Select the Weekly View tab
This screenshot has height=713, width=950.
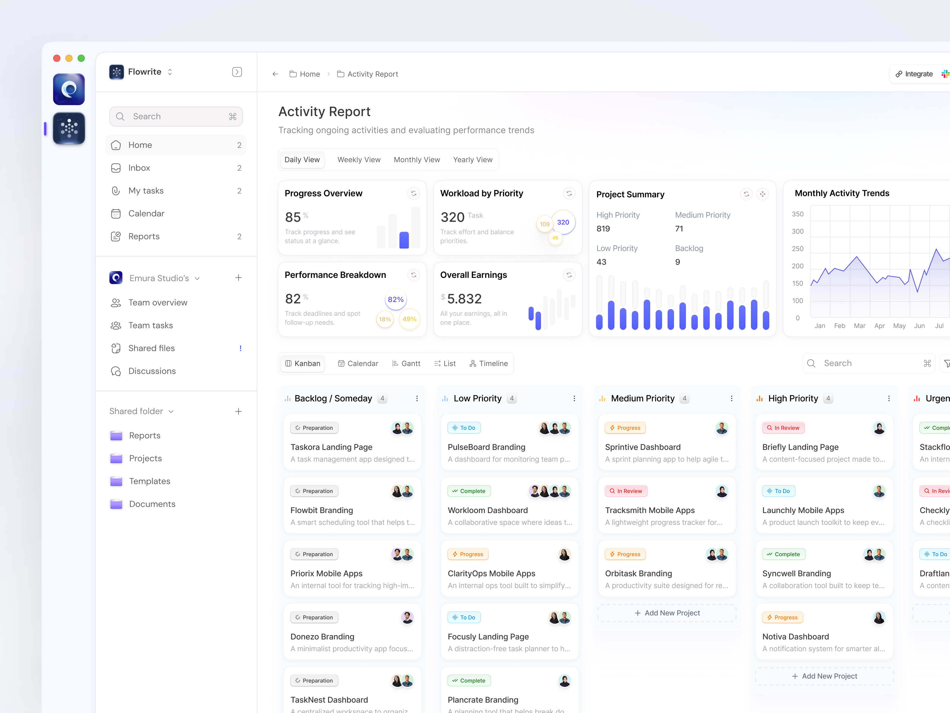point(359,160)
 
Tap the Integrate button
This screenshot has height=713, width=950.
point(914,74)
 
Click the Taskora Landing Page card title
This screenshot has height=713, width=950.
point(331,447)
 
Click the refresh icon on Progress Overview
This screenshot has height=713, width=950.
point(414,193)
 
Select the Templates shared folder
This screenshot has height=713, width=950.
point(149,481)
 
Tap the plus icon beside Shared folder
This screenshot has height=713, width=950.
point(238,411)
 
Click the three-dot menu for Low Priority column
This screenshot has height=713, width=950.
point(574,398)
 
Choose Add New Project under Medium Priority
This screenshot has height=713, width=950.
point(667,613)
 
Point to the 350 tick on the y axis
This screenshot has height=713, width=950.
point(797,214)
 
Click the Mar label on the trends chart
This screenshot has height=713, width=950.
point(859,326)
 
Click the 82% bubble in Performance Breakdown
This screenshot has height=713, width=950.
point(395,299)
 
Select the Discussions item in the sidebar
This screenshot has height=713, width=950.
point(152,371)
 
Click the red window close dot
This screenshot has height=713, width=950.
point(57,58)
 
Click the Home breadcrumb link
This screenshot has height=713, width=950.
point(309,74)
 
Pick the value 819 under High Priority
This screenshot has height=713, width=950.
point(603,229)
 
